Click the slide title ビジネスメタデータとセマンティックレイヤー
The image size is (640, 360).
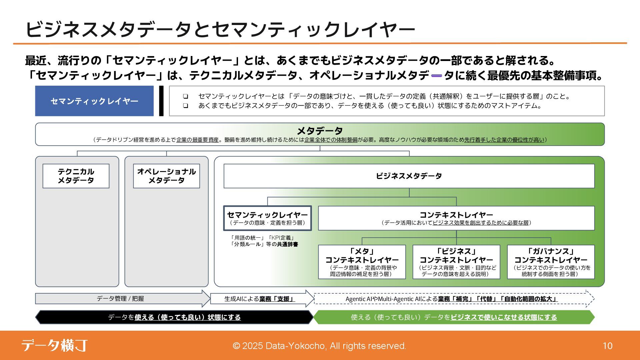pyautogui.click(x=220, y=29)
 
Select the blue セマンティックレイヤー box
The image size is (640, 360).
pyautogui.click(x=94, y=101)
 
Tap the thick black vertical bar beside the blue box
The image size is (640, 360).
pyautogui.click(x=161, y=101)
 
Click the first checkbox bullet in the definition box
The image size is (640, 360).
pyautogui.click(x=185, y=96)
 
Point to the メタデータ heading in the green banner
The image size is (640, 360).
pyautogui.click(x=319, y=130)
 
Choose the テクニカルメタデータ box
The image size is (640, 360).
pyautogui.click(x=76, y=176)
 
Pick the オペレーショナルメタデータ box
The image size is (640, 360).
pyautogui.click(x=166, y=176)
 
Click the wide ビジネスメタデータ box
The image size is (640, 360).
pyautogui.click(x=409, y=176)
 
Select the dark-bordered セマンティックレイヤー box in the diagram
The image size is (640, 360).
pyautogui.click(x=267, y=218)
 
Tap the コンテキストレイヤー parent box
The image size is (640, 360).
pyautogui.click(x=456, y=218)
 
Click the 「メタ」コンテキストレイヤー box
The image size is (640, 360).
pyautogui.click(x=362, y=262)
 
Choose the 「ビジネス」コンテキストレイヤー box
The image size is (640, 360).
pyautogui.click(x=456, y=262)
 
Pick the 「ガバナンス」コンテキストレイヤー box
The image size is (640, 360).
pyautogui.click(x=551, y=262)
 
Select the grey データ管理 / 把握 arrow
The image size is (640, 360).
pyautogui.click(x=120, y=299)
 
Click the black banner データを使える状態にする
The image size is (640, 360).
pyautogui.click(x=174, y=317)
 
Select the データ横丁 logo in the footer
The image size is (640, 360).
pyautogui.click(x=54, y=345)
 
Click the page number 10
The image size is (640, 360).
pyautogui.click(x=607, y=346)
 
